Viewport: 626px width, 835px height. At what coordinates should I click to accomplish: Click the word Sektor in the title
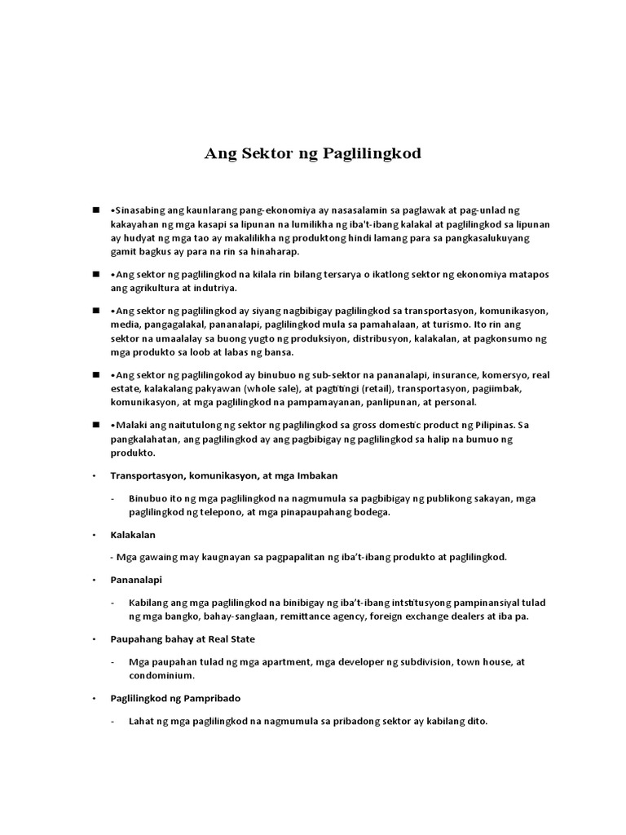tap(262, 153)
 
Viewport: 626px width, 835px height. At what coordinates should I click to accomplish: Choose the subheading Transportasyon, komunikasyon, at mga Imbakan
tap(224, 475)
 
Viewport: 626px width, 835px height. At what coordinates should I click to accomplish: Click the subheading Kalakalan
tap(133, 535)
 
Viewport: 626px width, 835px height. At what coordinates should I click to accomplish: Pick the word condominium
tap(161, 676)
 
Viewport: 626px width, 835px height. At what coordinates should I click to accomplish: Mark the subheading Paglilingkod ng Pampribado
tap(176, 699)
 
